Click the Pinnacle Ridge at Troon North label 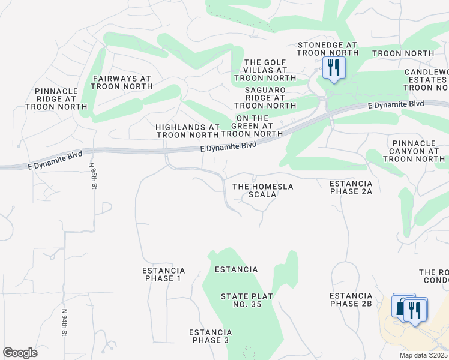[x=52, y=99]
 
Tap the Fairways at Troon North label [x=121, y=82]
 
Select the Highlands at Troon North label [x=188, y=131]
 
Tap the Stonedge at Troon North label [x=327, y=49]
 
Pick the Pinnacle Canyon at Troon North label [x=417, y=151]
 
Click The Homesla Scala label [x=263, y=190]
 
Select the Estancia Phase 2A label [x=351, y=187]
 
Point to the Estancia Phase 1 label [x=163, y=274]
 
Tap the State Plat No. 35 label [x=241, y=301]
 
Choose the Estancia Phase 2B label [x=351, y=299]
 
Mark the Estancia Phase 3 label [x=210, y=336]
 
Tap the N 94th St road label [x=64, y=322]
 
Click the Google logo [x=20, y=353]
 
